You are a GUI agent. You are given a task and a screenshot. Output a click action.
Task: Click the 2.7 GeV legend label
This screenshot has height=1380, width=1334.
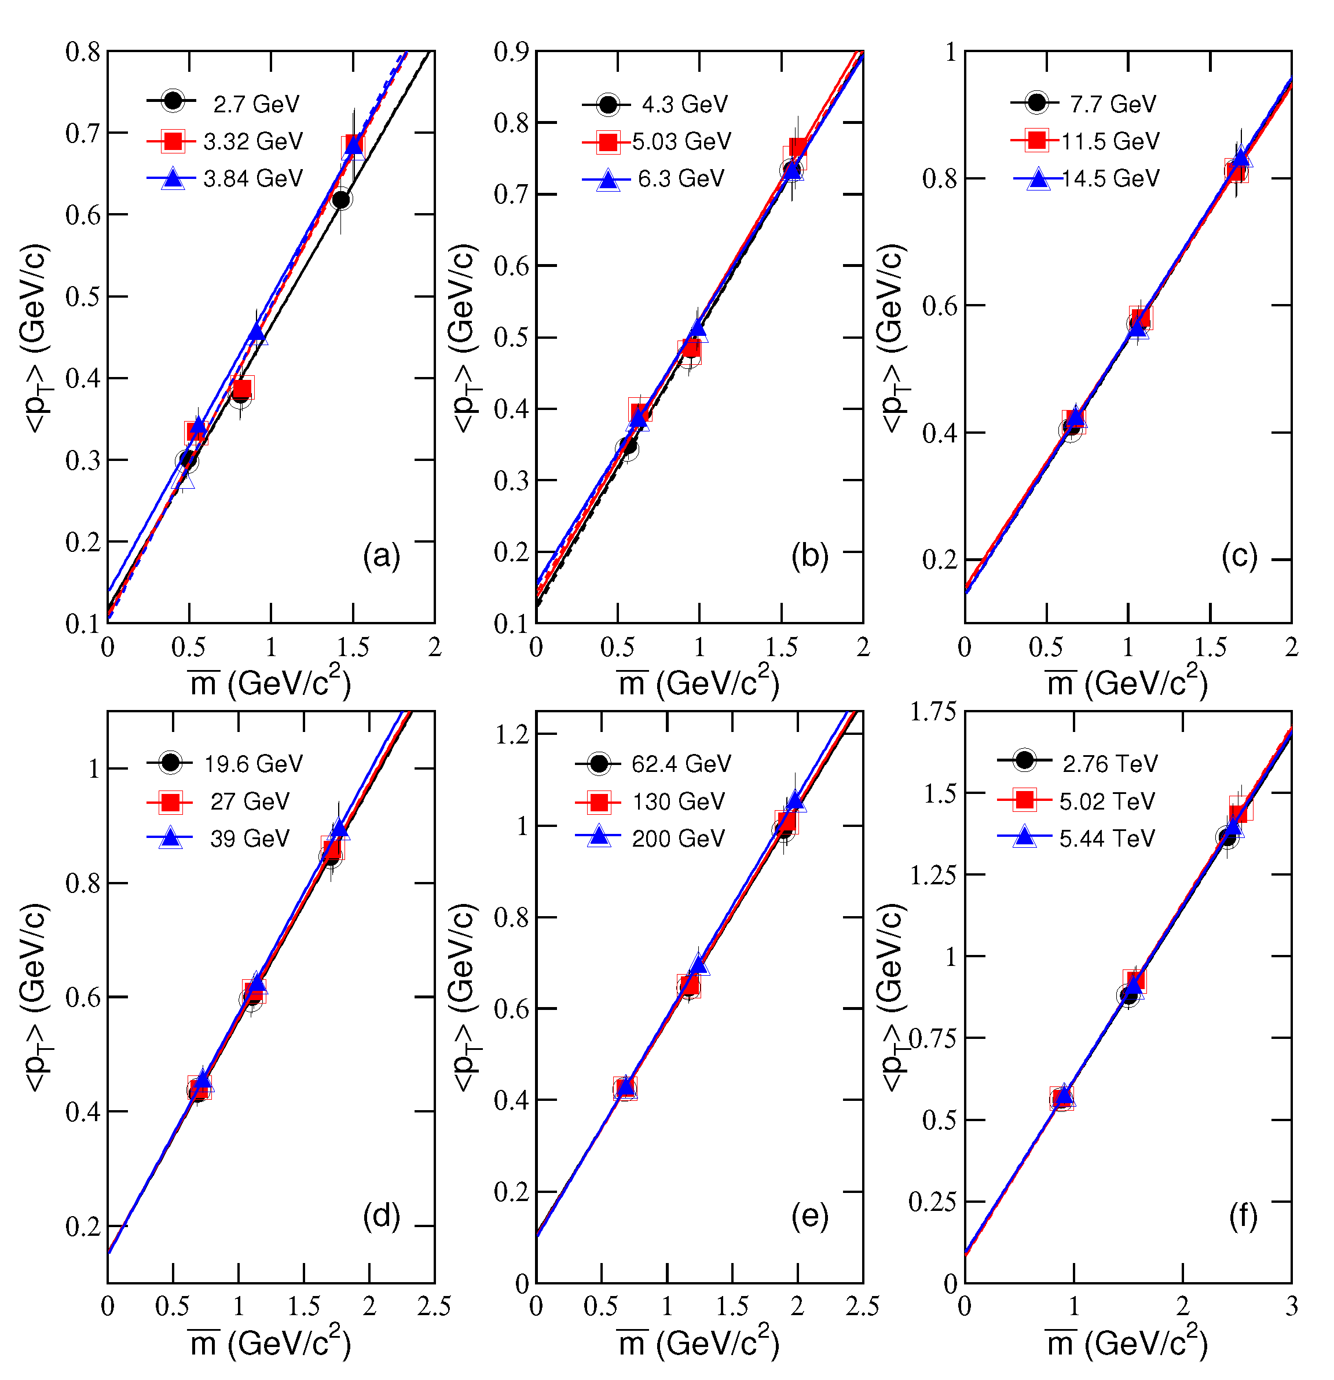pos(256,104)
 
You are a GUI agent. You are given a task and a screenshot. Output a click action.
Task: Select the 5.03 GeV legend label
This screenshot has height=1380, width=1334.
pos(681,141)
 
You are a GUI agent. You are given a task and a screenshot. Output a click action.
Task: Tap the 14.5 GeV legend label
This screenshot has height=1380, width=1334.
pos(1110,179)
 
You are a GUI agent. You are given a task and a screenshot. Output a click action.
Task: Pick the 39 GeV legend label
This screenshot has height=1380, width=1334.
pos(250,839)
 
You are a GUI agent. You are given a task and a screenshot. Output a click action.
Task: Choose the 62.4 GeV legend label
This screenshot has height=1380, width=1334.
pos(681,764)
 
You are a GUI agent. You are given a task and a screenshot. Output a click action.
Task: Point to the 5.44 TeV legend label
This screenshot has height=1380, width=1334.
pos(1108,839)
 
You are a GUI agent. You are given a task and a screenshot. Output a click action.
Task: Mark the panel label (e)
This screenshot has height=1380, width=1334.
pos(809,1216)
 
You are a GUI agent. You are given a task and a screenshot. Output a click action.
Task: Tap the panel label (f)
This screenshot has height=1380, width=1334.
pos(1243,1216)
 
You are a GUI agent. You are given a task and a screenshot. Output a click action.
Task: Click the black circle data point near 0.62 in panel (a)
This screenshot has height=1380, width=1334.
pos(342,200)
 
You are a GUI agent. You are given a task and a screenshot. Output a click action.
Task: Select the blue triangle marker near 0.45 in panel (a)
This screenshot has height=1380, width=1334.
pos(257,332)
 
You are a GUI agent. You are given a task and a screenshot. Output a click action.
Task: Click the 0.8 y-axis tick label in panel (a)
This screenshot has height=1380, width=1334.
pos(83,52)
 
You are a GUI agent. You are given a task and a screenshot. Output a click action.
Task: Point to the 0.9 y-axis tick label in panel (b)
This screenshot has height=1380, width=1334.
pos(511,52)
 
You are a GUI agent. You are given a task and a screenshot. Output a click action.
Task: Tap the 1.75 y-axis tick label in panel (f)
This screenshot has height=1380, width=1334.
pos(933,712)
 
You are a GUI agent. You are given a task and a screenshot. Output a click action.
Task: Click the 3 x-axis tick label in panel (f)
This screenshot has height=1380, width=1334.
pos(1291,1306)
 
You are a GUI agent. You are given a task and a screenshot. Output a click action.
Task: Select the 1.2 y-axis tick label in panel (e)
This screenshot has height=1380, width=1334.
pos(512,734)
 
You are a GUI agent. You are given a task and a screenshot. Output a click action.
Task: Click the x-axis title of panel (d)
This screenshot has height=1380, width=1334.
pos(270,1344)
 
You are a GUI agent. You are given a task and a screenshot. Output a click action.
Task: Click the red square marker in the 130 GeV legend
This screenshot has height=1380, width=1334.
pos(599,801)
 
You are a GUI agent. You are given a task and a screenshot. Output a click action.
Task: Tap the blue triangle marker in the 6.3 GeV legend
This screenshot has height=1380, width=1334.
pos(608,180)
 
